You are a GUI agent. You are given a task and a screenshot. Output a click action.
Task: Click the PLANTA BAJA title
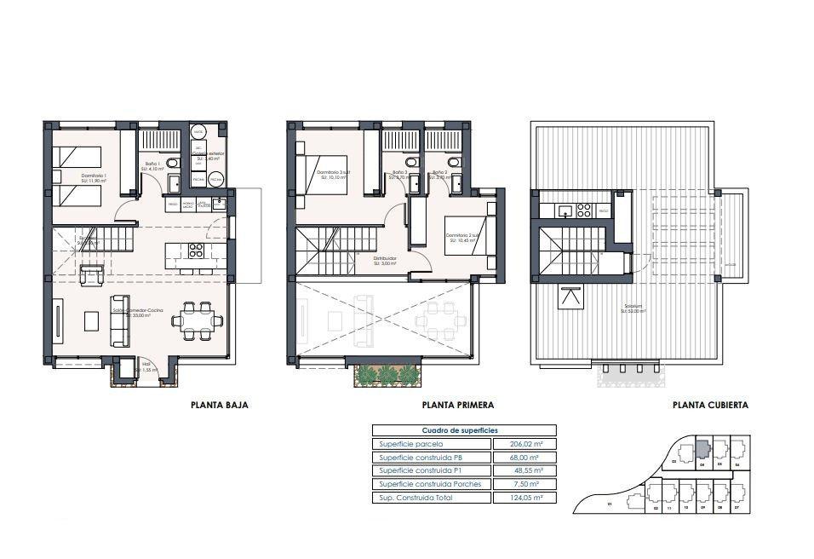point(219,406)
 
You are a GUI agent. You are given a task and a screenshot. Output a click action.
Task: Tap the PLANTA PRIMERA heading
point(457,406)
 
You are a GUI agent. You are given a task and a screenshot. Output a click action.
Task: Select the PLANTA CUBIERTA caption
point(710,406)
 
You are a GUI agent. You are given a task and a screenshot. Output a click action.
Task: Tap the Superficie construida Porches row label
point(430,484)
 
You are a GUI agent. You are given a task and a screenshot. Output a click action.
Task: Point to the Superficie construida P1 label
point(421,470)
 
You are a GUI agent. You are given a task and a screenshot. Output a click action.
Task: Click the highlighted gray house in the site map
point(702,447)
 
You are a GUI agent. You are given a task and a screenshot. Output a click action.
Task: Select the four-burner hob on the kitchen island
point(195,251)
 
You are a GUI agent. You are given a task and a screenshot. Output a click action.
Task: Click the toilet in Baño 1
point(172,163)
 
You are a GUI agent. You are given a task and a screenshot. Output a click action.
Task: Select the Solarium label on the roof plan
point(630,308)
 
